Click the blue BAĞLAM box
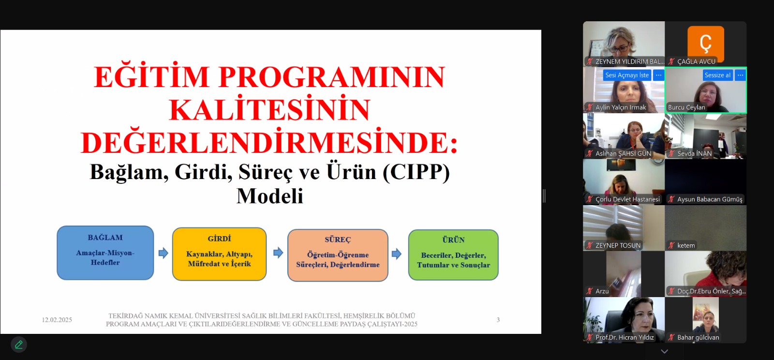[x=105, y=253]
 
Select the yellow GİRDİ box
[x=220, y=254]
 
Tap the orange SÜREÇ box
[x=338, y=255]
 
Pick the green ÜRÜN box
[x=453, y=255]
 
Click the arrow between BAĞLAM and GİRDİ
[x=164, y=253]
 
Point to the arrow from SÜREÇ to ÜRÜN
[x=397, y=255]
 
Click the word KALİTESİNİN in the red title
[x=270, y=109]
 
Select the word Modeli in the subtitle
[x=270, y=196]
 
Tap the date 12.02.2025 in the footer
[x=57, y=320]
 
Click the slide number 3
[x=498, y=320]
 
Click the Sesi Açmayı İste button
[x=627, y=75]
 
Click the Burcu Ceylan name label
[x=686, y=107]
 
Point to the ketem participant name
[x=686, y=246]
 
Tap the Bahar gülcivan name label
[x=699, y=338]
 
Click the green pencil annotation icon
[x=19, y=345]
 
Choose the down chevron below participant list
[x=665, y=351]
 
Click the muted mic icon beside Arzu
[x=590, y=291]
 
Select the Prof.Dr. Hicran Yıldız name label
[x=625, y=338]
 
